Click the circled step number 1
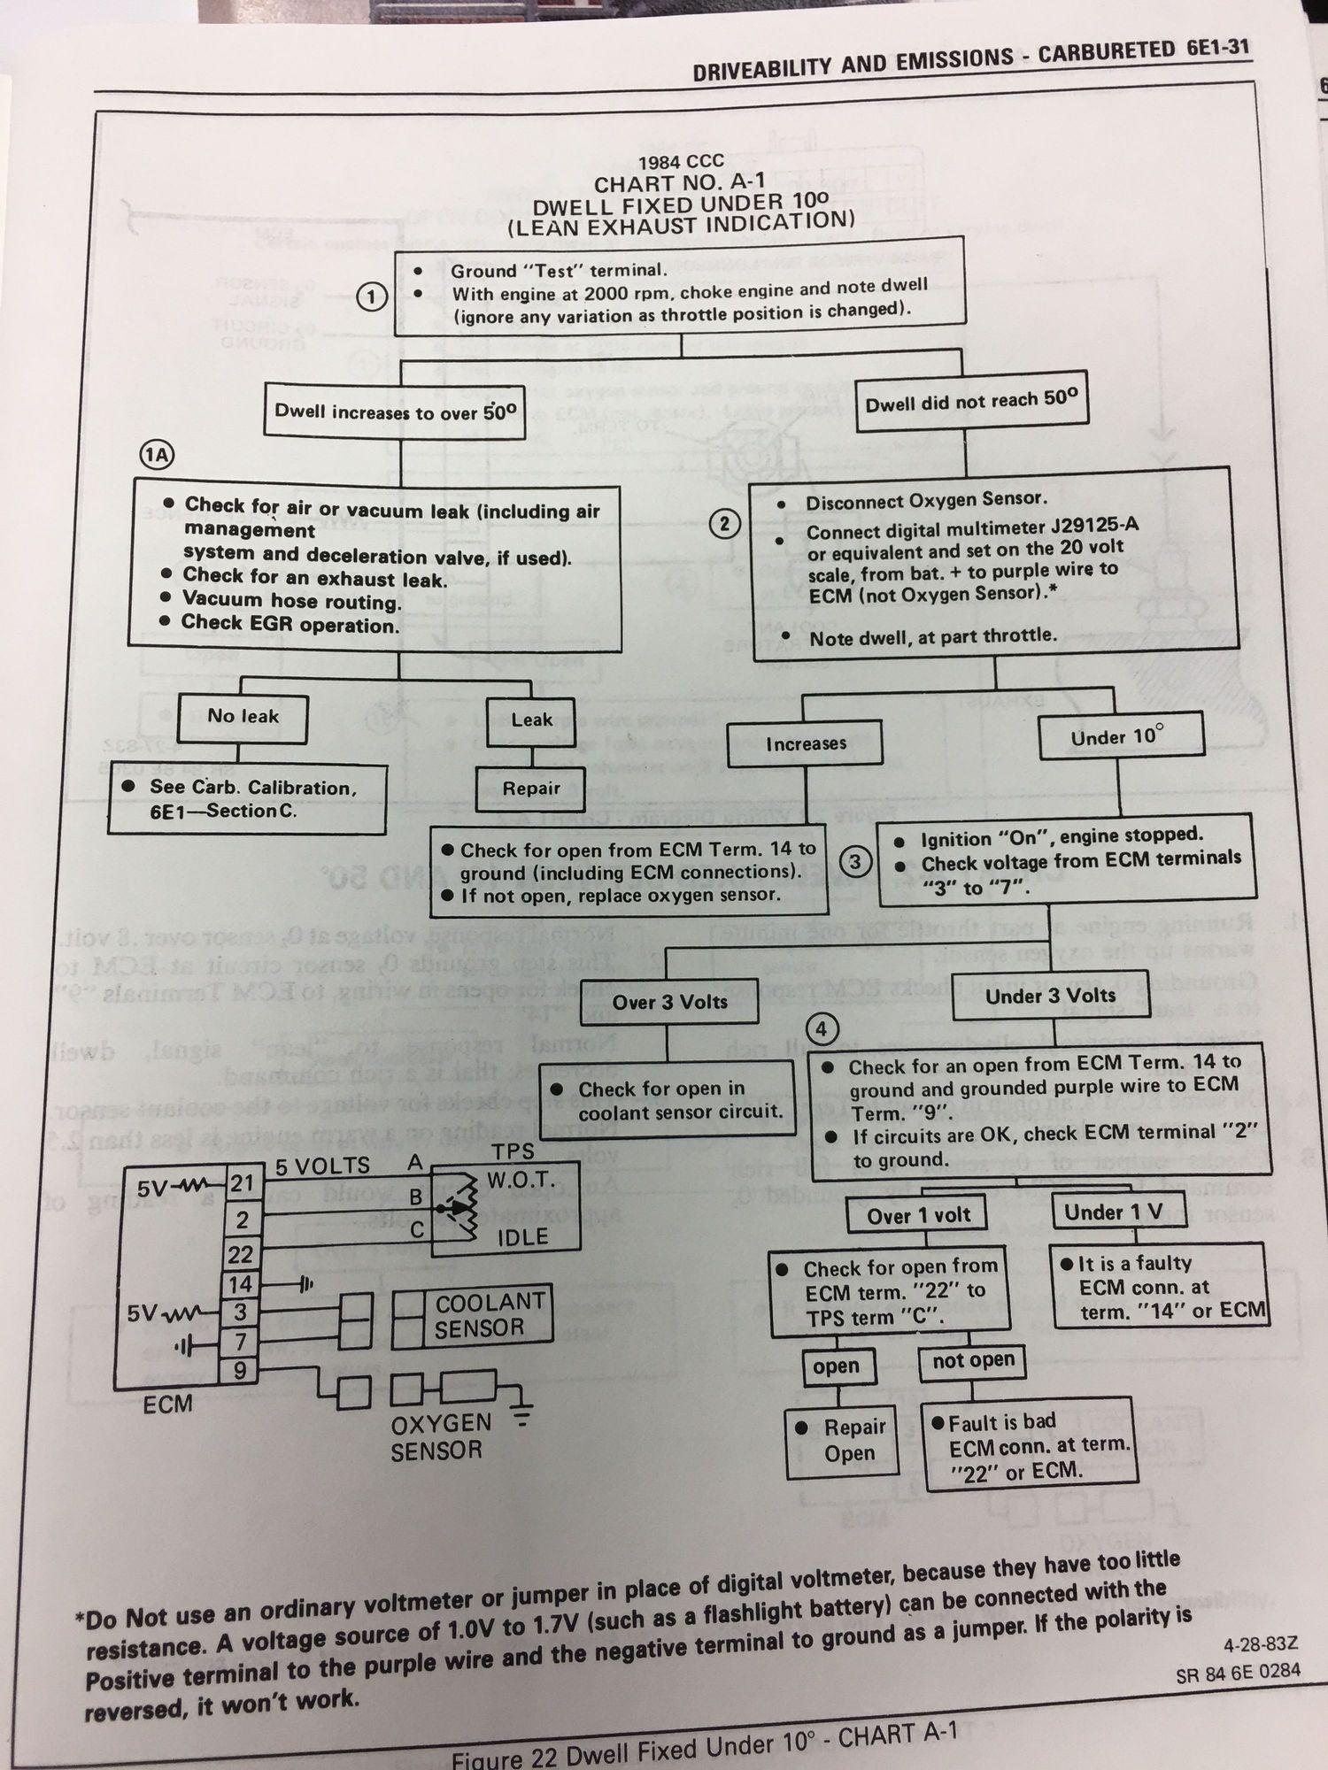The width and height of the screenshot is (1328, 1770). pyautogui.click(x=372, y=297)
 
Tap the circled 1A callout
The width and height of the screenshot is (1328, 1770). pyautogui.click(x=158, y=456)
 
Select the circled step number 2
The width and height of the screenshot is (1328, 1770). pyautogui.click(x=724, y=524)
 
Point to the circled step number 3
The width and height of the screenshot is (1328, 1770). pyautogui.click(x=855, y=861)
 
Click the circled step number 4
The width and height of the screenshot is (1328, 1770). pyautogui.click(x=822, y=1029)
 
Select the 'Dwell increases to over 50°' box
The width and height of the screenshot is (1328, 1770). pyautogui.click(x=395, y=412)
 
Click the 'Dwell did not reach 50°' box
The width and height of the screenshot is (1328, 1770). pyautogui.click(x=971, y=402)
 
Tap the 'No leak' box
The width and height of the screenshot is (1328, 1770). pyautogui.click(x=243, y=717)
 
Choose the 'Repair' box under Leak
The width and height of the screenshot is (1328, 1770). pyautogui.click(x=531, y=789)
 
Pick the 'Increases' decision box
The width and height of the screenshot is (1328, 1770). pyautogui.click(x=806, y=743)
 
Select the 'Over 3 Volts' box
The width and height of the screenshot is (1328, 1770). pyautogui.click(x=670, y=1002)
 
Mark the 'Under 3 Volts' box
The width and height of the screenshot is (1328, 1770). pyautogui.click(x=1050, y=996)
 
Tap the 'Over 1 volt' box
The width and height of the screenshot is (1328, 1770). pyautogui.click(x=919, y=1216)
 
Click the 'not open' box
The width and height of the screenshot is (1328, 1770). pyautogui.click(x=973, y=1360)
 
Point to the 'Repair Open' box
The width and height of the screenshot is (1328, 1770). pyautogui.click(x=843, y=1440)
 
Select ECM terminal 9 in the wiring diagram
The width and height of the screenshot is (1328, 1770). pyautogui.click(x=240, y=1372)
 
